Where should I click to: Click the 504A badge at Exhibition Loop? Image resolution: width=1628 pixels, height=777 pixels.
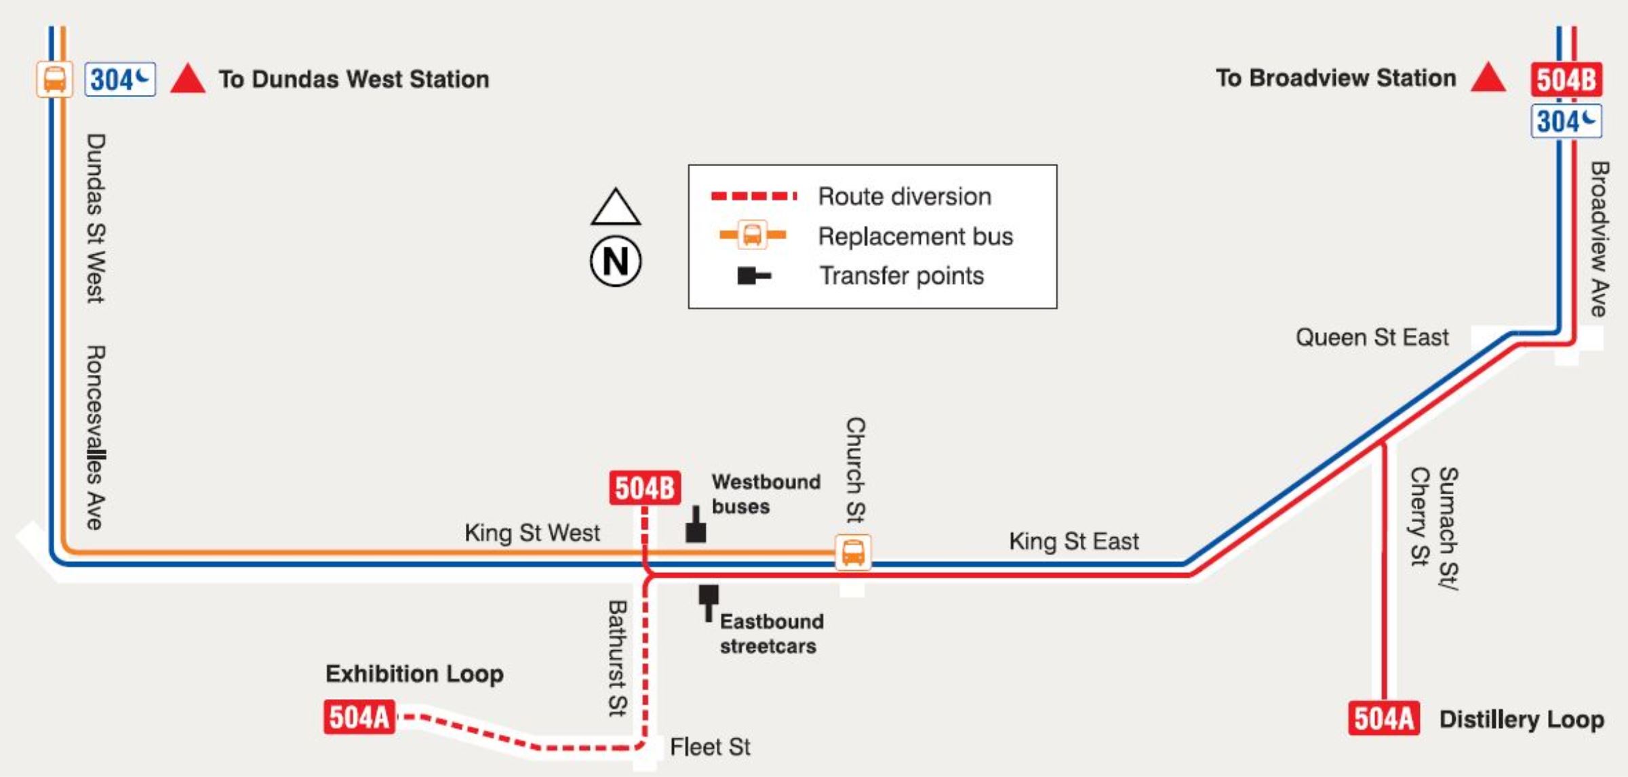359,717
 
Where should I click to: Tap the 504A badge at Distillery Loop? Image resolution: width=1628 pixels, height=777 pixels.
1383,718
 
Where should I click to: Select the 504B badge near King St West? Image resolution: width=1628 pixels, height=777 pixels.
644,487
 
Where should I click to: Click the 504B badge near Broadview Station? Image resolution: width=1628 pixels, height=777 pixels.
1566,79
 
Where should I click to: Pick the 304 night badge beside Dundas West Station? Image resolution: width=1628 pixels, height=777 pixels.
120,79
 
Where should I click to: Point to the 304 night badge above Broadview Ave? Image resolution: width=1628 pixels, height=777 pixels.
1566,121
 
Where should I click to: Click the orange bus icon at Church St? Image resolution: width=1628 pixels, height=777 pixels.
853,552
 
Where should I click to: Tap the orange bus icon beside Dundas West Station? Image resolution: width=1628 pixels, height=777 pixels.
54,79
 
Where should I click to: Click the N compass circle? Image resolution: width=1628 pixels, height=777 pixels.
615,261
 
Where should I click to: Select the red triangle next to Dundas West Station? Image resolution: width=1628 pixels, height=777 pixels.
188,79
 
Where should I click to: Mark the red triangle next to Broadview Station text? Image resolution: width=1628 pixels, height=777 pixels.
1488,78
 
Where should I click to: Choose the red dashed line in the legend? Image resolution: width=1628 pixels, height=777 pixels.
753,196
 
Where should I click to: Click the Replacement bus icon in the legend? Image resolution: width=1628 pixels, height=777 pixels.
753,235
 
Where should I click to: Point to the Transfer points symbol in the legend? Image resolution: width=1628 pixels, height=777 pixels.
753,275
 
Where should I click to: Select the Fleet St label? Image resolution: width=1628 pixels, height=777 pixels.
710,746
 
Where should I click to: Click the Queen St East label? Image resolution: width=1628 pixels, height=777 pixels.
1372,337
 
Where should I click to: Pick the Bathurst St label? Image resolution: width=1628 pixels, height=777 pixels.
617,658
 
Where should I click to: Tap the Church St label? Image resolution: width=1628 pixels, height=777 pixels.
855,469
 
